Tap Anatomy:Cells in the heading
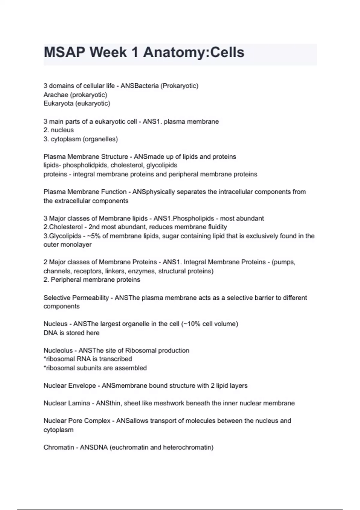tap(193, 52)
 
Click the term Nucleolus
tap(58, 350)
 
